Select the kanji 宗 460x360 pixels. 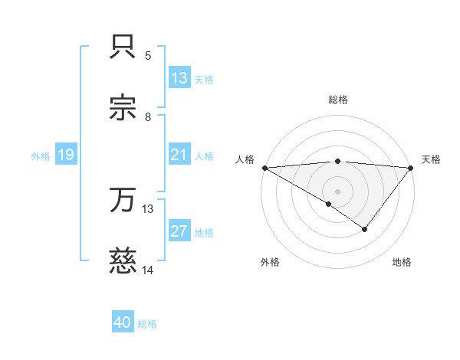click(123, 108)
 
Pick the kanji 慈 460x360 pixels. click(123, 263)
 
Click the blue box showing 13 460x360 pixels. click(179, 77)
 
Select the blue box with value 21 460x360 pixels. click(179, 155)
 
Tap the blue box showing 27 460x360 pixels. click(179, 232)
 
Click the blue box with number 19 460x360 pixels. click(65, 155)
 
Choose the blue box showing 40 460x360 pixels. click(123, 323)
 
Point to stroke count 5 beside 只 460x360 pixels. click(148, 55)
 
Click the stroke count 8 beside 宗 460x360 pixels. click(148, 116)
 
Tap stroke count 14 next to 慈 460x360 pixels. click(148, 270)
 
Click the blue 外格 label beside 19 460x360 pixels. click(41, 156)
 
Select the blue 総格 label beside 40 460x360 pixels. click(147, 324)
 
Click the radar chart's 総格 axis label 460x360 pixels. click(337, 100)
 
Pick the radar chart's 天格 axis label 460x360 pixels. click(431, 159)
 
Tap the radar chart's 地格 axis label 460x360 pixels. click(402, 263)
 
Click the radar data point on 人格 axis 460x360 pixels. click(264, 168)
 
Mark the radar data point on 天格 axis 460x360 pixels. click(410, 168)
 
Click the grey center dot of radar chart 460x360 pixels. click(337, 191)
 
